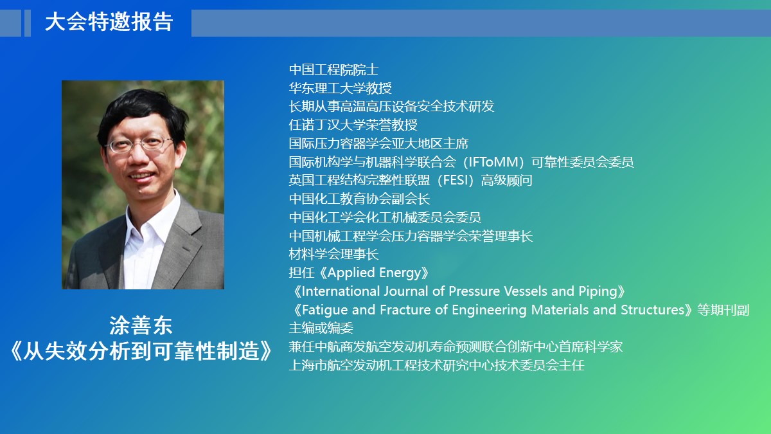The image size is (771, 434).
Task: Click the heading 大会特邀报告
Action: (x=109, y=22)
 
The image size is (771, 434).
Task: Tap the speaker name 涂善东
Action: (x=141, y=325)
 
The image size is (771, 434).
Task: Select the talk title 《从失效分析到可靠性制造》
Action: (x=141, y=351)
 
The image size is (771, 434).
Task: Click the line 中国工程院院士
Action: (x=333, y=69)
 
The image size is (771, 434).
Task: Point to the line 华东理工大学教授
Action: (x=340, y=88)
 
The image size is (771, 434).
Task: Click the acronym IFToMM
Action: (x=494, y=162)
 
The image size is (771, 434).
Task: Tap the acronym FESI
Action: (x=456, y=180)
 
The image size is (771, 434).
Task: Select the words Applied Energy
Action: (x=374, y=273)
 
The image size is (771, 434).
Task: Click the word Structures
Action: (x=653, y=310)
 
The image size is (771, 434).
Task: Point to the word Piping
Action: (x=598, y=292)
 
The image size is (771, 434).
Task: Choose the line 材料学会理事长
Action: (x=333, y=254)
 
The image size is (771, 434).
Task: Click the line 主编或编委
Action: (x=321, y=328)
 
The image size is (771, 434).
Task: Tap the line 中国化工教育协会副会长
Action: (x=359, y=199)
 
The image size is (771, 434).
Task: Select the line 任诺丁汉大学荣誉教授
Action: (x=353, y=125)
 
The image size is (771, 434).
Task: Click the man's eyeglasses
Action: (x=139, y=144)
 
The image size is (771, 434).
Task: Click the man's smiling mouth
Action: (x=141, y=176)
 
